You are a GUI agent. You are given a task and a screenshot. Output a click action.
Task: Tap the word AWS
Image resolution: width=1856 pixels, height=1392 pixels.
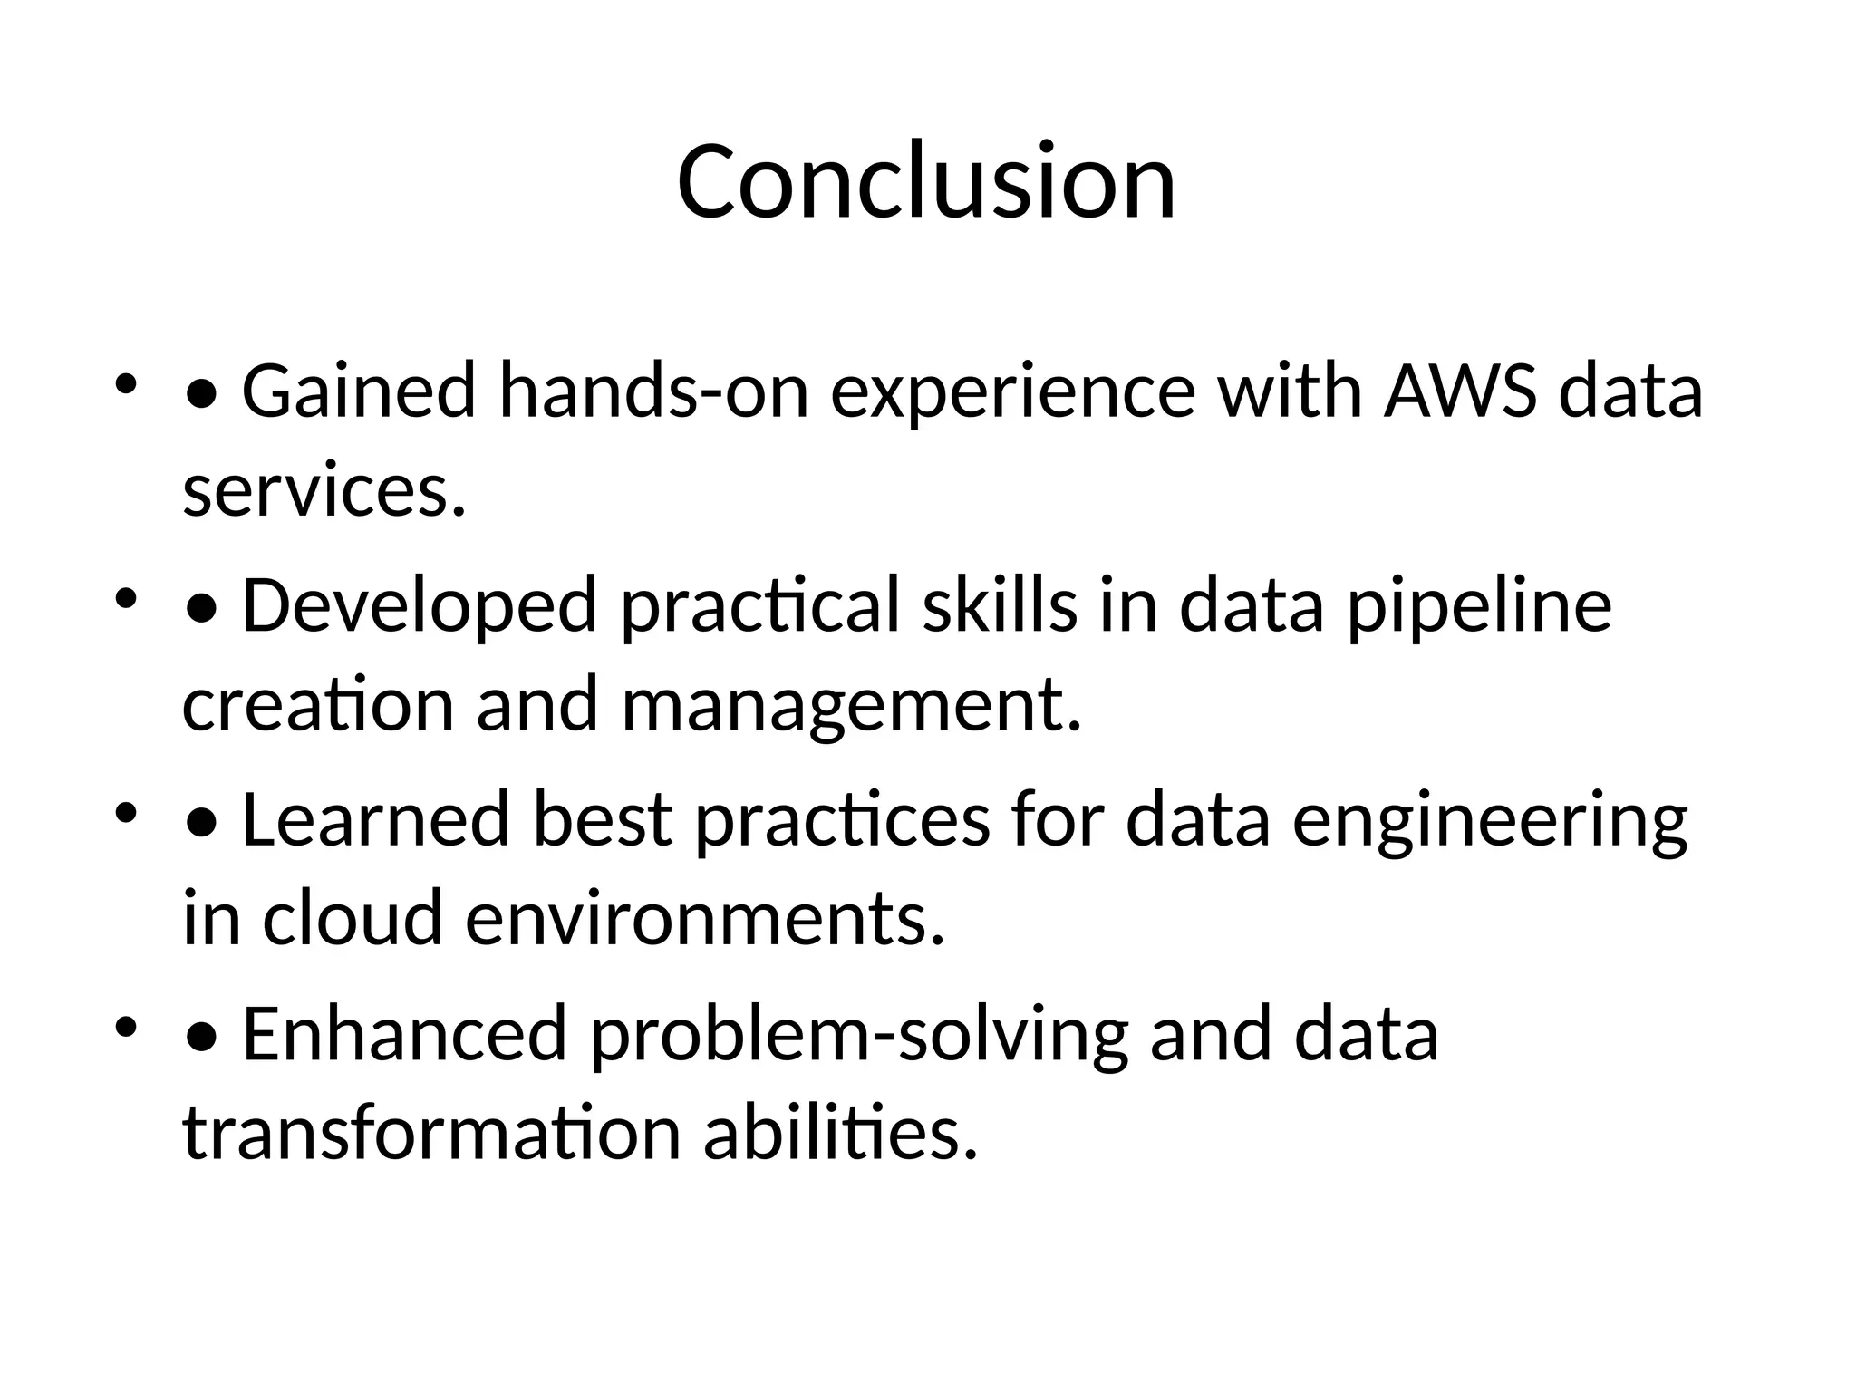pyautogui.click(x=1459, y=391)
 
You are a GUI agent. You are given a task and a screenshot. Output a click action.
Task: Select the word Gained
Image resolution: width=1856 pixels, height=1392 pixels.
pyautogui.click(x=358, y=391)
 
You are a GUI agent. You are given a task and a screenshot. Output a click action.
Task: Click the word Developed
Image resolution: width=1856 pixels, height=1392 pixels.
pyautogui.click(x=419, y=605)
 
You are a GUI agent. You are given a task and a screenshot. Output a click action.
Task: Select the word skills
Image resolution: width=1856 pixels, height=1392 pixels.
pyautogui.click(x=1000, y=605)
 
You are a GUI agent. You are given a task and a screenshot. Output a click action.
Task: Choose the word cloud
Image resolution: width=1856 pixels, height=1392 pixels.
pyautogui.click(x=352, y=917)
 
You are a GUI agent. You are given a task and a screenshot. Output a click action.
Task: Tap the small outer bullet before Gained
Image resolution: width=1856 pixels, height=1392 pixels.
pyautogui.click(x=125, y=384)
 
